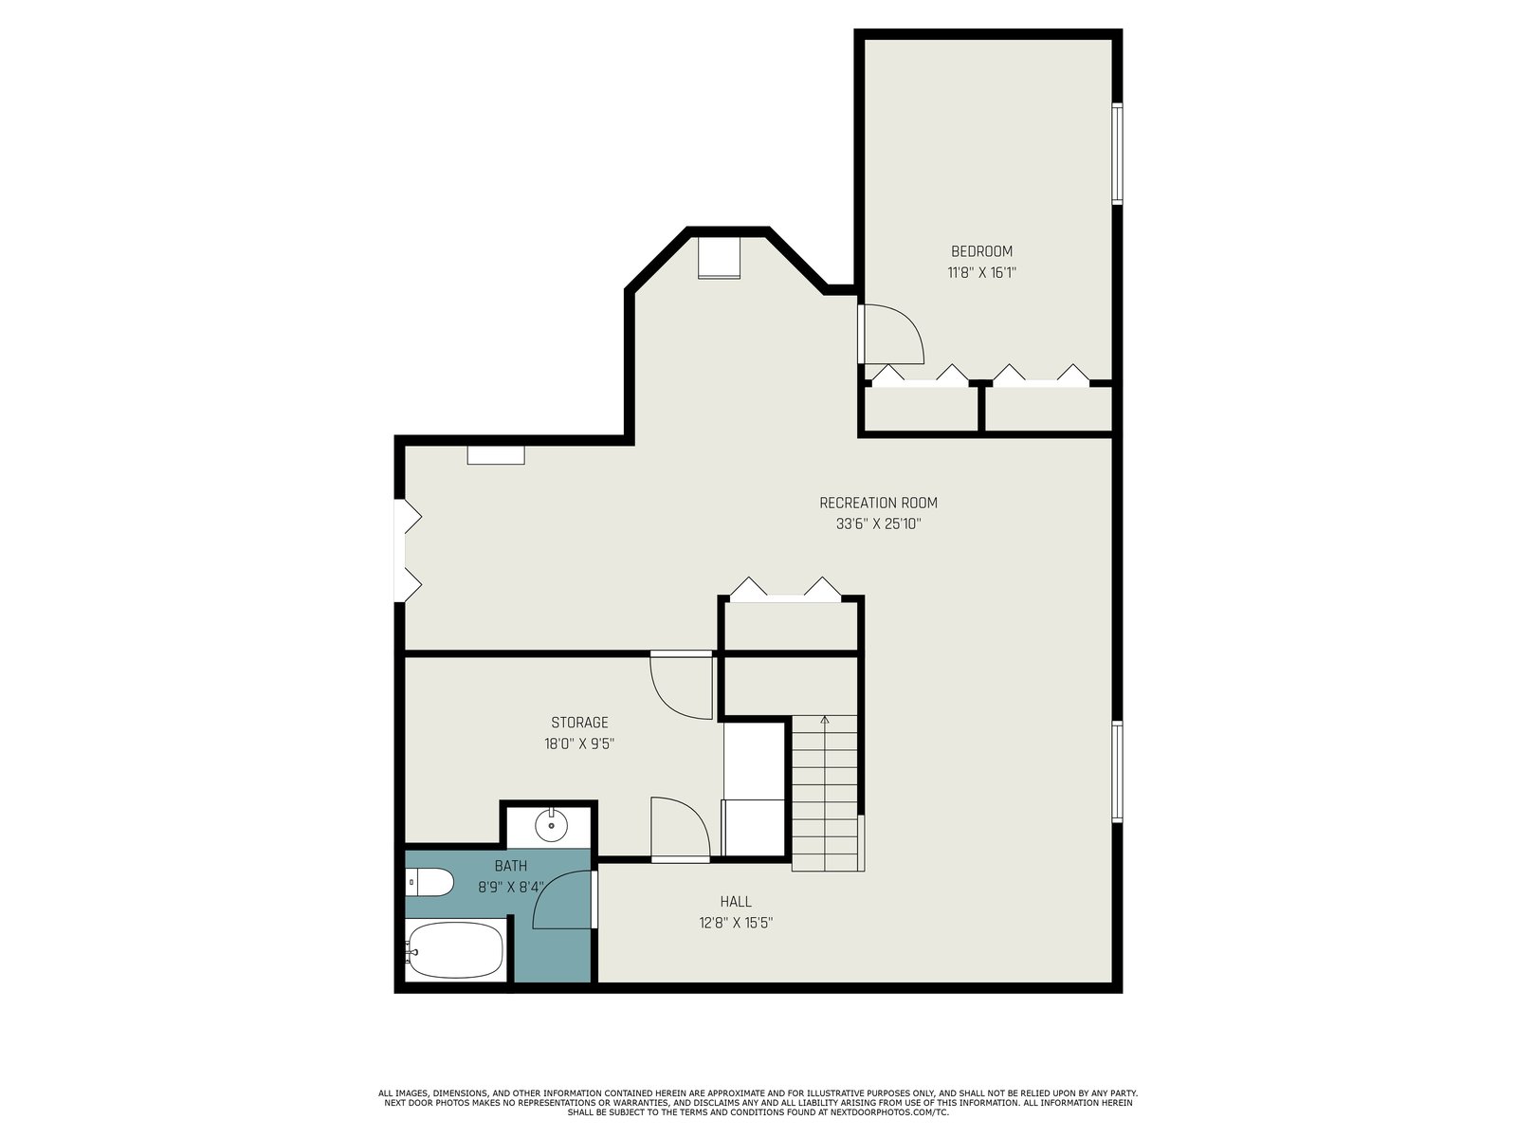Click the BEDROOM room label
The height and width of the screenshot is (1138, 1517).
click(981, 251)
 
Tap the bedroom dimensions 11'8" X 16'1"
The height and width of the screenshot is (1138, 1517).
click(981, 273)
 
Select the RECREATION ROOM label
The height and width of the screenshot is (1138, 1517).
click(878, 503)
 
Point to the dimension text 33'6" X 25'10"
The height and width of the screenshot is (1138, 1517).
click(878, 523)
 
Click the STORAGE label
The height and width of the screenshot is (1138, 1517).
click(579, 723)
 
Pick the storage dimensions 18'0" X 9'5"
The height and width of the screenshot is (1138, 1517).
click(579, 744)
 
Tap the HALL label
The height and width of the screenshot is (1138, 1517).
click(736, 902)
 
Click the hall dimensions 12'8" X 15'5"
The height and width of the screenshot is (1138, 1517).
click(736, 923)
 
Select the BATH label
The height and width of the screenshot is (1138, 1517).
click(511, 866)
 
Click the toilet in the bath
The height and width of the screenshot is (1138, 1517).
click(429, 882)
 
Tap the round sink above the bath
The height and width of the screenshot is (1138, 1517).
click(551, 824)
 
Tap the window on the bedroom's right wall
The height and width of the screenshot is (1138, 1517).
click(1117, 154)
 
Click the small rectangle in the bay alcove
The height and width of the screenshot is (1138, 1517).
click(719, 258)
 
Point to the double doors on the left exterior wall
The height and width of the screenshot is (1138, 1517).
click(408, 551)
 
